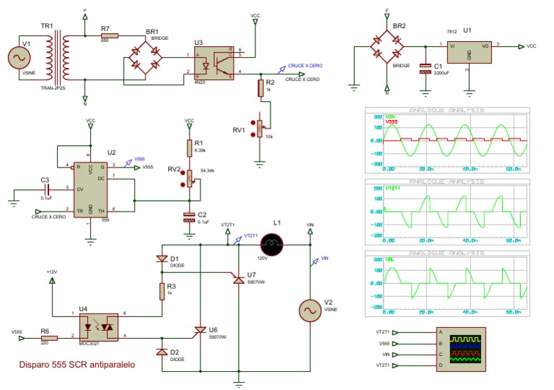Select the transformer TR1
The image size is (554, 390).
(58, 58)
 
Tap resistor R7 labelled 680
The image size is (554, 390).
(110, 34)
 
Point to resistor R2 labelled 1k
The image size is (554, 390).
(261, 88)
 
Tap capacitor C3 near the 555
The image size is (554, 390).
(46, 189)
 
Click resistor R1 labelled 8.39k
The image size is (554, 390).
(189, 147)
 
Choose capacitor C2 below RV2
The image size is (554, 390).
(189, 216)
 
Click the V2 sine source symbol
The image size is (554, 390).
(312, 310)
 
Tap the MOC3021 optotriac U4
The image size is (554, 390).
(99, 326)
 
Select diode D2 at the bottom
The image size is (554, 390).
(161, 352)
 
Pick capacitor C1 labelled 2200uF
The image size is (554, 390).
(424, 70)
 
